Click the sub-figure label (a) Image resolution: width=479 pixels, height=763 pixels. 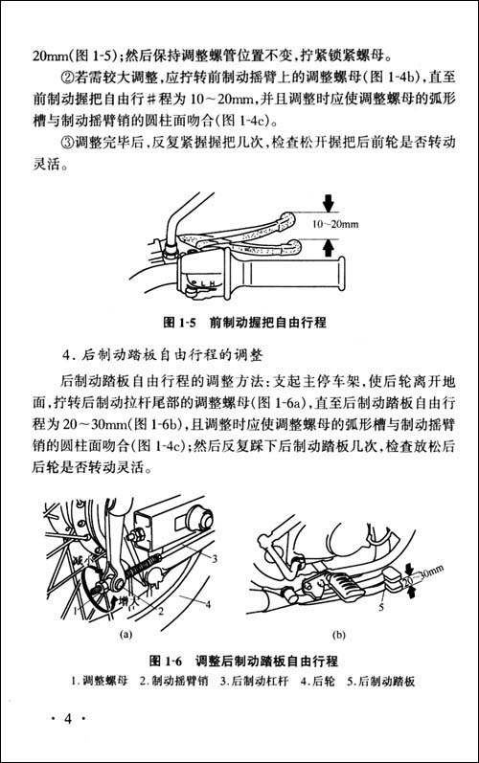pos(125,634)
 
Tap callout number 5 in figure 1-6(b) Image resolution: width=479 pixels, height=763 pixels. pos(380,605)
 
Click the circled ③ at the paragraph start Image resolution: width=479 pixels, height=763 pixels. pos(67,144)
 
